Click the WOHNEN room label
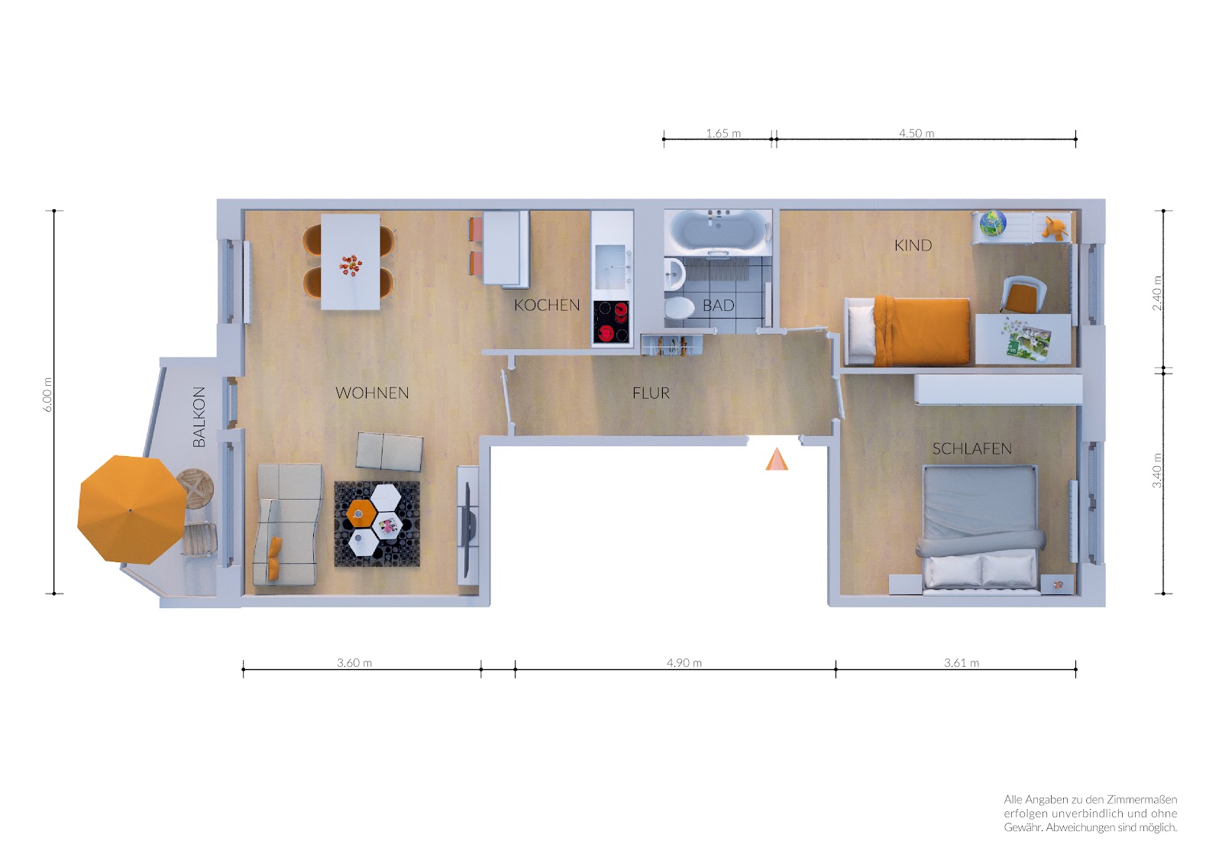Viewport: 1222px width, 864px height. coord(372,393)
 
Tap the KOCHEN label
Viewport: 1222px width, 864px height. coord(547,305)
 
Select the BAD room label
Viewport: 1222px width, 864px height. coord(719,306)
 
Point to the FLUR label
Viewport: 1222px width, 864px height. coord(651,393)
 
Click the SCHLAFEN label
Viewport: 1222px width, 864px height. coord(971,448)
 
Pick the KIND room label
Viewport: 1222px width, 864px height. coord(913,246)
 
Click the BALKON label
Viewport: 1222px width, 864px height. coord(199,417)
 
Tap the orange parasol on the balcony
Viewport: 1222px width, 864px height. coord(131,510)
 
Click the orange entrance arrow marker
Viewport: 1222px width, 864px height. coord(776,460)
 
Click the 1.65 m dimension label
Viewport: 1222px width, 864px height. coord(723,133)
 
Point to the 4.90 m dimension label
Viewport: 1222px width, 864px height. coord(684,662)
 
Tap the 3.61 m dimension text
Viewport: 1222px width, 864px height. coord(962,662)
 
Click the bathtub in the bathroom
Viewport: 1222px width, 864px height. coord(718,232)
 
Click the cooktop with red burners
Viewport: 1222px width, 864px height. coord(612,322)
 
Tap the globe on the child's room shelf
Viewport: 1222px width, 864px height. coord(993,224)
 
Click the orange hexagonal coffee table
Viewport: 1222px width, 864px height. coord(360,513)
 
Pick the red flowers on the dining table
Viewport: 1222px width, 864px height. coord(350,265)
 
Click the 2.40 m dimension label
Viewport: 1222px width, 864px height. coord(1156,293)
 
